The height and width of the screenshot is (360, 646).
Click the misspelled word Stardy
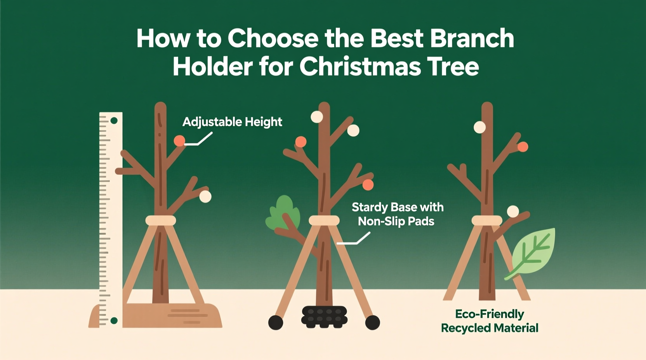(369, 207)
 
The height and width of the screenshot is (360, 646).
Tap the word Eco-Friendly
(490, 314)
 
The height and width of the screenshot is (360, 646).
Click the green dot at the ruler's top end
(114, 121)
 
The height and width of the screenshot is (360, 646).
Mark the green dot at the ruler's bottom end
(114, 320)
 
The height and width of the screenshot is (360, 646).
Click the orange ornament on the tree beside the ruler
(179, 141)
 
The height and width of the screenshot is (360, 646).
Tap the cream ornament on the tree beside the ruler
(205, 197)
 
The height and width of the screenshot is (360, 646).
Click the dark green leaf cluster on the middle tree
(284, 213)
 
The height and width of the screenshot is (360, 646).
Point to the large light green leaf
(533, 252)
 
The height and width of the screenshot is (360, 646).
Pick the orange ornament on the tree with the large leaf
(523, 147)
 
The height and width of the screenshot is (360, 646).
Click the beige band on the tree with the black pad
(324, 221)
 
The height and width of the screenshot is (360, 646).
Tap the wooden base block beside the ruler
(175, 315)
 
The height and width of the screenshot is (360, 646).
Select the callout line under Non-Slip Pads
(354, 240)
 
